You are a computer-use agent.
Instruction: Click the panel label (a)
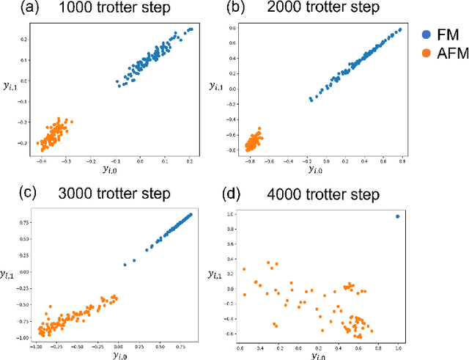pyautogui.click(x=15, y=10)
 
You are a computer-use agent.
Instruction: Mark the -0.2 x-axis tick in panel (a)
pyautogui.click(x=91, y=159)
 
